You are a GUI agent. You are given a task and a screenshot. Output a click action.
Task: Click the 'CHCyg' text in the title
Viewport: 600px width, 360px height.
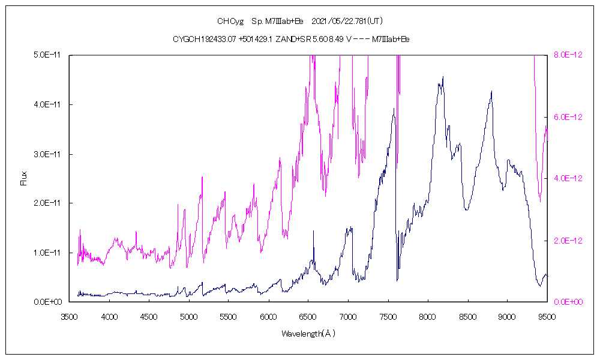click(x=230, y=21)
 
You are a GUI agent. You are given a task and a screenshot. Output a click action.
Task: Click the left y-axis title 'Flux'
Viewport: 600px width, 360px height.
click(x=24, y=178)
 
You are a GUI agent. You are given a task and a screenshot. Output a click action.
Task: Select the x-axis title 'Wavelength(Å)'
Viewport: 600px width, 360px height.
click(x=308, y=333)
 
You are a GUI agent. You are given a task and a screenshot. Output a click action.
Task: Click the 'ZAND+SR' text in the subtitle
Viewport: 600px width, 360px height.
click(x=290, y=39)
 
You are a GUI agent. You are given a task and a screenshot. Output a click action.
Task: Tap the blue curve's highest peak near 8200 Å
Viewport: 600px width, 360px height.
click(x=443, y=77)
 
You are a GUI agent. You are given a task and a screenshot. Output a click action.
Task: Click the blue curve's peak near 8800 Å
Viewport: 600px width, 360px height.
click(x=491, y=92)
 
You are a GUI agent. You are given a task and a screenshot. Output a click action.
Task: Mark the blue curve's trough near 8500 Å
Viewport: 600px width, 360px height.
click(x=466, y=209)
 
